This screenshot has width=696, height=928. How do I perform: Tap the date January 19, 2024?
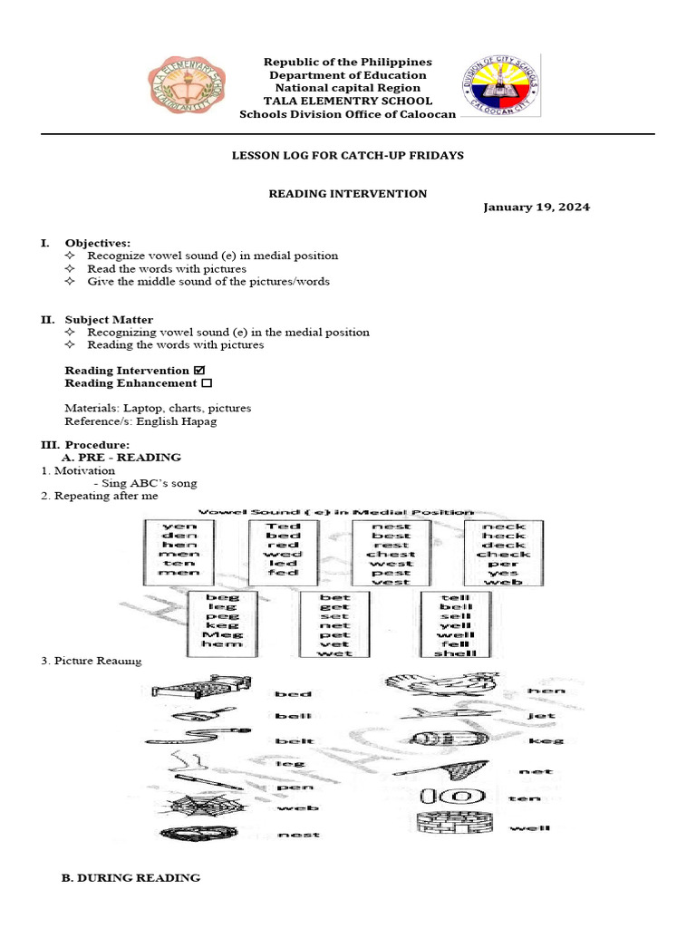536,207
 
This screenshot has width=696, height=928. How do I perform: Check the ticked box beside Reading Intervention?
199,370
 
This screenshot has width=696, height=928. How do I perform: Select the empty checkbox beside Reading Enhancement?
206,383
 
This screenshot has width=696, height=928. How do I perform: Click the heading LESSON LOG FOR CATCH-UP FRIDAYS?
348,156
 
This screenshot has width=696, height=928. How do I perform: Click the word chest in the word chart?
391,553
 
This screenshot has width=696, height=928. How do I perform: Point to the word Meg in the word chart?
221,634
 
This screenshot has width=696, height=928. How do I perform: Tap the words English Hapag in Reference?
187,421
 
